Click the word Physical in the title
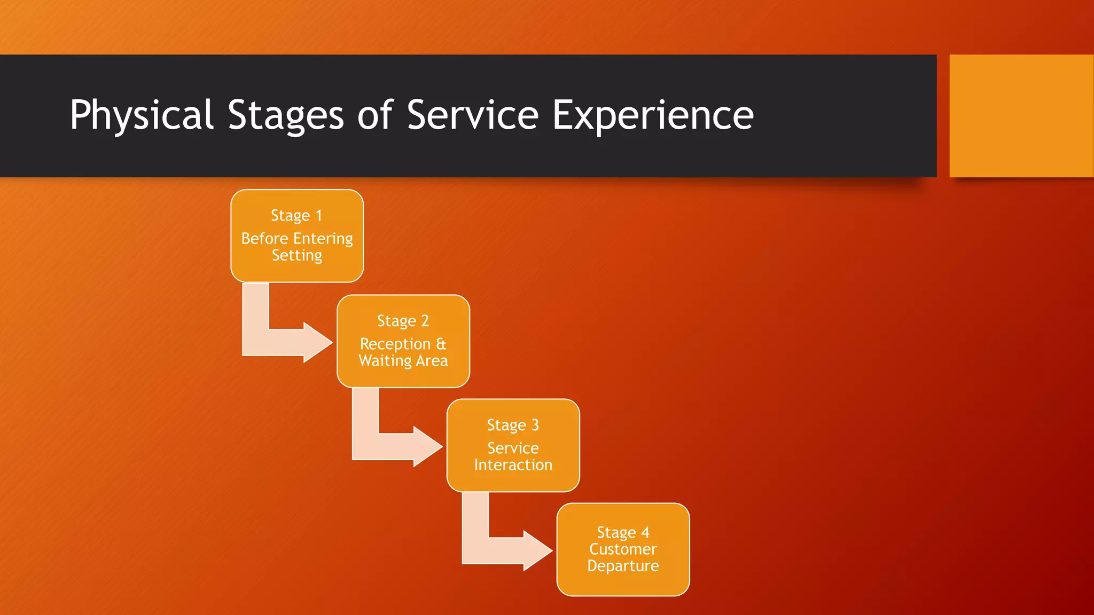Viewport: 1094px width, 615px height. pyautogui.click(x=142, y=115)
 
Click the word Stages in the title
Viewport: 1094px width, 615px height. pyautogui.click(x=286, y=115)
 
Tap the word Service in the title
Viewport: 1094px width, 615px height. pyautogui.click(x=473, y=115)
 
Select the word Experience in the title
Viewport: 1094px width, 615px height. pyautogui.click(x=652, y=115)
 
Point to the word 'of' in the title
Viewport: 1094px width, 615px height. pyautogui.click(x=375, y=115)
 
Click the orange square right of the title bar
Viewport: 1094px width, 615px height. pyautogui.click(x=1021, y=116)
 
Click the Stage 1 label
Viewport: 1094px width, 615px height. pyautogui.click(x=296, y=216)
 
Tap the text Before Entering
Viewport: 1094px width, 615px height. pyautogui.click(x=297, y=238)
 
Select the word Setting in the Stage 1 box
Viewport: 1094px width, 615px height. pyautogui.click(x=297, y=255)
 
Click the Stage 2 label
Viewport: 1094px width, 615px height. pyautogui.click(x=403, y=321)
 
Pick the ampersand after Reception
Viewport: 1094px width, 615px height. pyautogui.click(x=441, y=343)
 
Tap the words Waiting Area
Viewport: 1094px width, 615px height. pyautogui.click(x=403, y=361)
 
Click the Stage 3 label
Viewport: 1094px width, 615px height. pyautogui.click(x=513, y=425)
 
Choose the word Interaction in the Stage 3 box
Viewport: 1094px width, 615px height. pyautogui.click(x=513, y=465)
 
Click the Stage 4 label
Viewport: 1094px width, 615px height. pyautogui.click(x=623, y=532)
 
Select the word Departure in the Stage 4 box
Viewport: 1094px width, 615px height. pyautogui.click(x=623, y=566)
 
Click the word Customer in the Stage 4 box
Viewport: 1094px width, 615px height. pyautogui.click(x=623, y=549)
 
